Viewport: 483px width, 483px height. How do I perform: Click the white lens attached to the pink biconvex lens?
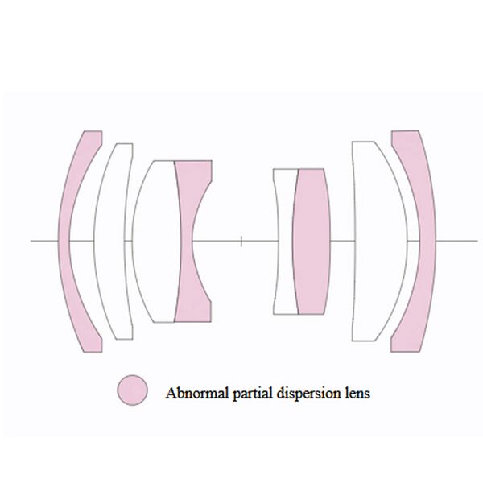(x=283, y=242)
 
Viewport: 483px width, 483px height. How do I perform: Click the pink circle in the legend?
(x=132, y=390)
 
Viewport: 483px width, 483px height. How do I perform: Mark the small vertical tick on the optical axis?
(x=242, y=240)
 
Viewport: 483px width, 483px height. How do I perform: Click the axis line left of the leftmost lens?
(x=44, y=241)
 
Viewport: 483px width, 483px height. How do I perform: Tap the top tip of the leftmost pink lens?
(x=92, y=132)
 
